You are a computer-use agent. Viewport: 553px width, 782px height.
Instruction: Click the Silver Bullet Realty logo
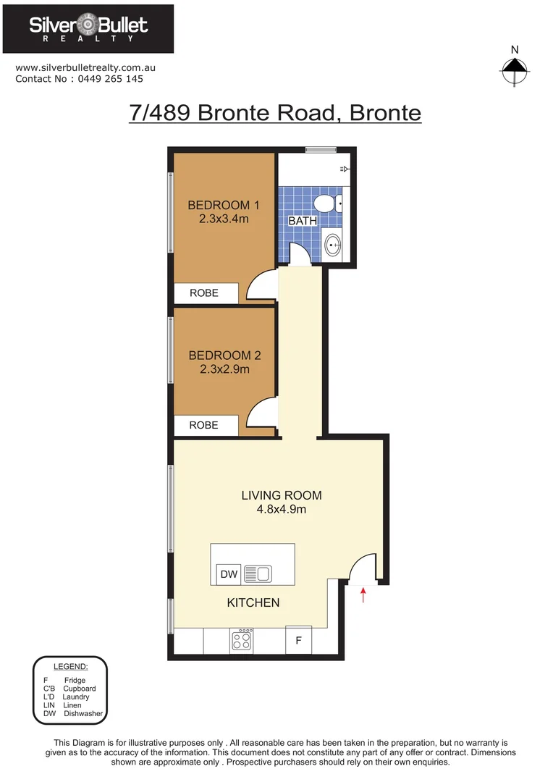point(88,29)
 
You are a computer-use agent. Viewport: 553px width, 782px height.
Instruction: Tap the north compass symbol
point(514,67)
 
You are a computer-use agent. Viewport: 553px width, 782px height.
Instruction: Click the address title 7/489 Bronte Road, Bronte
point(275,114)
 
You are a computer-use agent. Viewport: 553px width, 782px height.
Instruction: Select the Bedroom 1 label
point(224,204)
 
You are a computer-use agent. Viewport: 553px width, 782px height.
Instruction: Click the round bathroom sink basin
point(334,245)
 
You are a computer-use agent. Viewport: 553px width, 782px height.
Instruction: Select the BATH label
point(303,221)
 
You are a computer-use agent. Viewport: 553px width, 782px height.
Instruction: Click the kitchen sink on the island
point(257,574)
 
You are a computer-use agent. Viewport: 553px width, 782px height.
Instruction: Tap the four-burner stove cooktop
point(242,640)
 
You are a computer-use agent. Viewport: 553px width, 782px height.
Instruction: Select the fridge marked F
point(298,641)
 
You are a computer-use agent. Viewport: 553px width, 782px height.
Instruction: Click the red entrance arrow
point(363,595)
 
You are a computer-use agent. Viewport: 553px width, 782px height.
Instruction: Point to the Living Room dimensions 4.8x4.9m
point(281,509)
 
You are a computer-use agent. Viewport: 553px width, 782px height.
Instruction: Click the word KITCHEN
point(253,602)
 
